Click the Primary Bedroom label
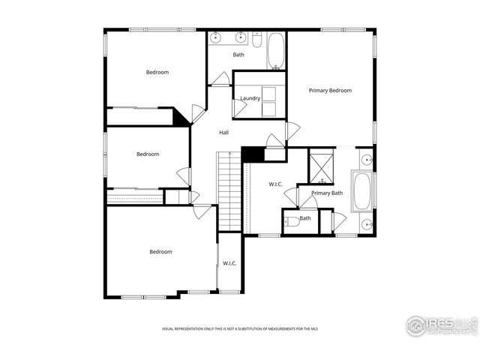330,91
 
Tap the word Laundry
250,98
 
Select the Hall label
223,133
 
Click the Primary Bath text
327,193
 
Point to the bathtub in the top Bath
275,51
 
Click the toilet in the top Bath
256,41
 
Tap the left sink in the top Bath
217,37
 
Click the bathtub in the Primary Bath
362,192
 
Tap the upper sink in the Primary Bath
366,160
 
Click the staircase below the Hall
228,191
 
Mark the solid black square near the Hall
250,153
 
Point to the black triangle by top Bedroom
181,117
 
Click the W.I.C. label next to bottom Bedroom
229,263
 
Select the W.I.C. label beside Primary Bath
275,184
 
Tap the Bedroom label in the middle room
148,154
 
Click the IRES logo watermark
441,325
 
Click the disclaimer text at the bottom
239,329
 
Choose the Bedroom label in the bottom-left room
160,252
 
